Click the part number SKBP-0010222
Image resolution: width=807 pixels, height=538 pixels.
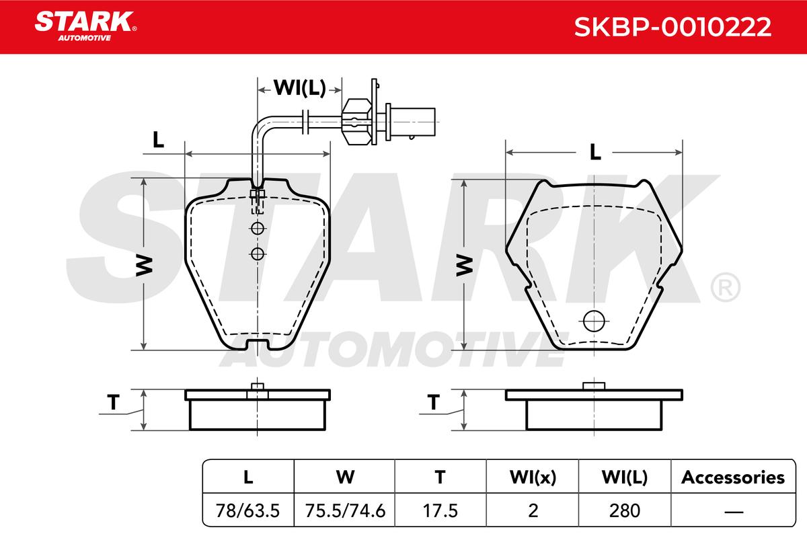pyautogui.click(x=672, y=27)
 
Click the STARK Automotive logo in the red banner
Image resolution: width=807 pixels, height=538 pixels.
pyautogui.click(x=85, y=26)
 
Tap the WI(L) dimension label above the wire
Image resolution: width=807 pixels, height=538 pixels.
pyautogui.click(x=300, y=87)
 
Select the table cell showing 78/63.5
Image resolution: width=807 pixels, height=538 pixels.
pyautogui.click(x=248, y=510)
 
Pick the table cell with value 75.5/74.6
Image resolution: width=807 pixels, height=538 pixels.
pyautogui.click(x=345, y=510)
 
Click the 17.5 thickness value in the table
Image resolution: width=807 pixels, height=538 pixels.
pyautogui.click(x=440, y=510)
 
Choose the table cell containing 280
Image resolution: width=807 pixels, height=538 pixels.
pyautogui.click(x=625, y=510)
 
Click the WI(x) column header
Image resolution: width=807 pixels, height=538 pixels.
pyautogui.click(x=533, y=477)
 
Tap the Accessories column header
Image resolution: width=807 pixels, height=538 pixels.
pyautogui.click(x=733, y=477)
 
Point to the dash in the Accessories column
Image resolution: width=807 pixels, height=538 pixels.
pyautogui.click(x=734, y=511)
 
